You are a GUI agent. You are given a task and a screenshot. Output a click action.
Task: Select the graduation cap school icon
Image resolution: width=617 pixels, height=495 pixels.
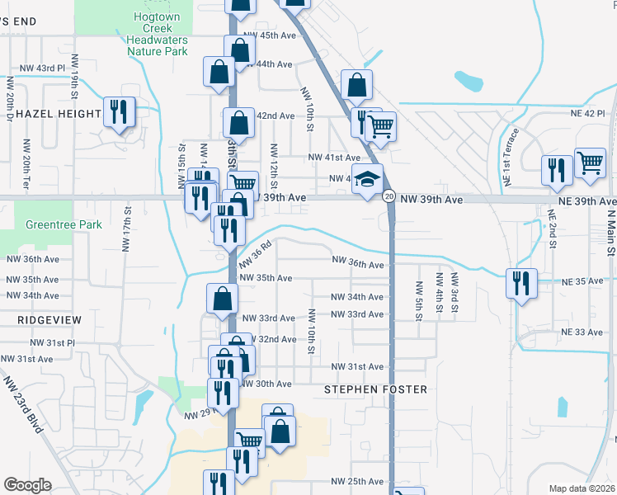coord(368,181)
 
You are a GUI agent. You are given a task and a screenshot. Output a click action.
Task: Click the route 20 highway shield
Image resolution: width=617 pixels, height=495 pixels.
coord(388,195)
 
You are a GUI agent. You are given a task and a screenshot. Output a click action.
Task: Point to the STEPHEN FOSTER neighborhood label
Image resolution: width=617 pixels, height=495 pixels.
coord(376,389)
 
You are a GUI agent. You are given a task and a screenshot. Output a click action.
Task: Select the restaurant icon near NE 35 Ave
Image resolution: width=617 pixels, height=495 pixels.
coord(521,284)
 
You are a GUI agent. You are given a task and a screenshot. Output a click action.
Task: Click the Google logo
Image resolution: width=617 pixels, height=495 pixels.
coord(27,485)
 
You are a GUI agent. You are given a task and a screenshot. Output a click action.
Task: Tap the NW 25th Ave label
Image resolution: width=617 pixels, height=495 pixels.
coord(357,481)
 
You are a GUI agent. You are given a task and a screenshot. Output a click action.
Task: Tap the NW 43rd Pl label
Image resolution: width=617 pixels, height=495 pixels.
coord(40,68)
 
